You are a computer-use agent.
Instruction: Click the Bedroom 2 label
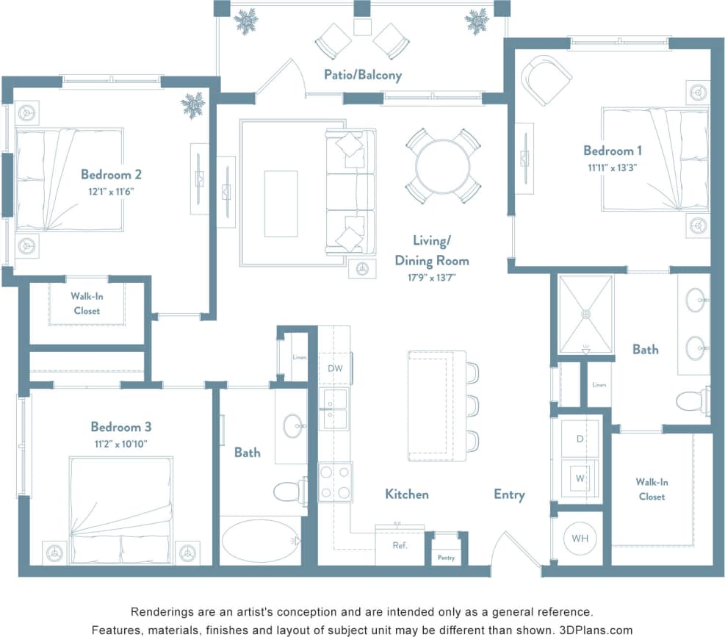click(x=111, y=175)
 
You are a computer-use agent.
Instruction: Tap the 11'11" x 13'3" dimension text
click(x=613, y=168)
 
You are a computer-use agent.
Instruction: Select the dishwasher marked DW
click(x=335, y=368)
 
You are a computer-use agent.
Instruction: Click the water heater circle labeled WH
click(x=580, y=539)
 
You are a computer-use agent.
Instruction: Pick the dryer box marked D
click(x=580, y=439)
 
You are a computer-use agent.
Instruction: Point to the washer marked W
click(x=580, y=478)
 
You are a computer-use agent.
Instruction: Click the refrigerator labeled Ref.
click(x=400, y=546)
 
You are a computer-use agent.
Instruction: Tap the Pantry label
click(x=446, y=558)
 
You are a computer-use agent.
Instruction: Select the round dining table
click(x=443, y=165)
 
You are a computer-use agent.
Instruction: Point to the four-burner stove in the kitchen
click(x=335, y=482)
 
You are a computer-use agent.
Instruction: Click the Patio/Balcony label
click(x=363, y=75)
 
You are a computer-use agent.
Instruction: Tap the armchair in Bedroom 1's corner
click(x=547, y=78)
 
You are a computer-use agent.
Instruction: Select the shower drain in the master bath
click(x=585, y=314)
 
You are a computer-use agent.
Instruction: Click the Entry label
click(x=509, y=494)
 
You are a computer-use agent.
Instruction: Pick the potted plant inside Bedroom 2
click(x=193, y=104)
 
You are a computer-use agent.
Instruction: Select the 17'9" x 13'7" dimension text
click(x=431, y=277)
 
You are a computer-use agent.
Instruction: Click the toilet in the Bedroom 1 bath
click(x=692, y=401)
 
